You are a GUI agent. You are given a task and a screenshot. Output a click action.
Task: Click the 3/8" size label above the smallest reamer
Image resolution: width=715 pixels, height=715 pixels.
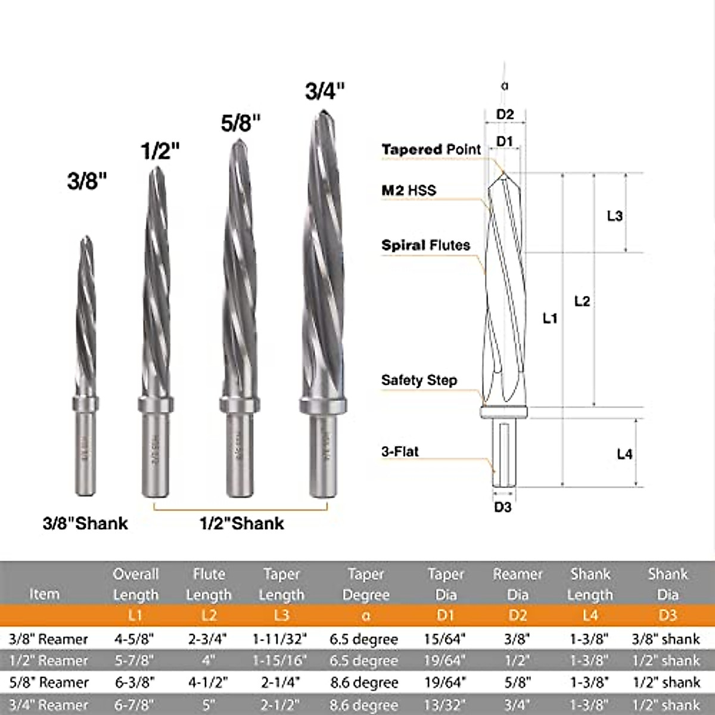pos(87,181)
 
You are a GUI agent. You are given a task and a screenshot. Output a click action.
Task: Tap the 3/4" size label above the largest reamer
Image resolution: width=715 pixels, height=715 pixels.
pos(325,91)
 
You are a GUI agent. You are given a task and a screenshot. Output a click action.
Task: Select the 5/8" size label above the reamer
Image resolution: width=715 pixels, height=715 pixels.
pos(241,123)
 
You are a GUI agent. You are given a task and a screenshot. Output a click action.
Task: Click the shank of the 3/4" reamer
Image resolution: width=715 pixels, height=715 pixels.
pos(322,456)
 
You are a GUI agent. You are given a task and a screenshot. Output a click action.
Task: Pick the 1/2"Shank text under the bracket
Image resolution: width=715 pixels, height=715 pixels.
pos(241,523)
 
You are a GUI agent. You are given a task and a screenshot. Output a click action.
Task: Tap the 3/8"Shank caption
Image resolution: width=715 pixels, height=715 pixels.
pos(85,523)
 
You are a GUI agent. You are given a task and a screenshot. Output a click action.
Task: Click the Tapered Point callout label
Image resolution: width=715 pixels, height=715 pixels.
pos(431,150)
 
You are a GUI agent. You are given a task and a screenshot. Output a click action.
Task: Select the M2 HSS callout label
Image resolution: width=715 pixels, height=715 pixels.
pos(409,191)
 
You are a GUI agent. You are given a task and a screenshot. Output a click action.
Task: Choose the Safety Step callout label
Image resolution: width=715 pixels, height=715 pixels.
pos(419,380)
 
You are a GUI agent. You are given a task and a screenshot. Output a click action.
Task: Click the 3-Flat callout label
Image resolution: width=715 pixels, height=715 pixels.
pos(400,452)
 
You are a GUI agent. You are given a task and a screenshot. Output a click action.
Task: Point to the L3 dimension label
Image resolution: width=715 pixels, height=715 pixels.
pos(614,216)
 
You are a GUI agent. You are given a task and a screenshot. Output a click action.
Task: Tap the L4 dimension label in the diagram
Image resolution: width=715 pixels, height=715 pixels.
pos(624,454)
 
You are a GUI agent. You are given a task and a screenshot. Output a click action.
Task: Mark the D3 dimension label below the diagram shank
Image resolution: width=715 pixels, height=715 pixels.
pos(502,507)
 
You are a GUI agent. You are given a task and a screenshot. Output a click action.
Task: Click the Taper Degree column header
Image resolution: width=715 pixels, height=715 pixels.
pos(365,585)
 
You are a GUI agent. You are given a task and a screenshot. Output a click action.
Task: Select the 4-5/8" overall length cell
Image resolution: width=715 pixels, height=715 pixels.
pos(134,639)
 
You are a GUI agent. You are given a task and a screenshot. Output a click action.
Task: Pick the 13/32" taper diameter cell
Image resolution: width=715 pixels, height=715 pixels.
pos(445,705)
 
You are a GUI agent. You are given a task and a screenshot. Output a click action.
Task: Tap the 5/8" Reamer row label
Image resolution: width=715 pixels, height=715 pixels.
pos(49,682)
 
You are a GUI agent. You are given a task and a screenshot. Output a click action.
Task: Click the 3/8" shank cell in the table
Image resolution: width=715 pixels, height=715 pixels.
pos(666,639)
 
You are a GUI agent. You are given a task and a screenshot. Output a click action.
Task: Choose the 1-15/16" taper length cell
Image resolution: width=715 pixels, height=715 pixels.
pos(280,661)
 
